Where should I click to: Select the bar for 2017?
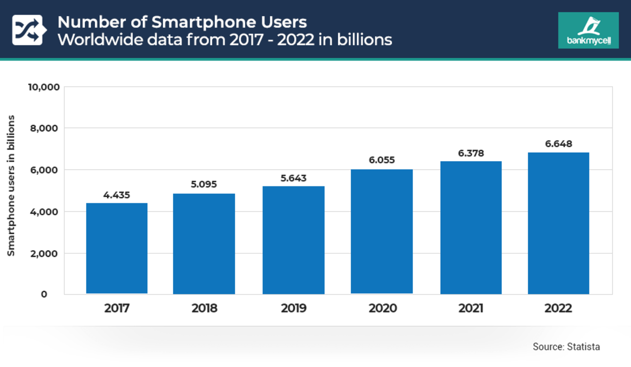[117, 248]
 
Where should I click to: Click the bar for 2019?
[293, 240]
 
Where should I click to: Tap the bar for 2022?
[558, 223]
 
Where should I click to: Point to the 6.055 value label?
[382, 160]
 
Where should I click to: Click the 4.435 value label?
[117, 195]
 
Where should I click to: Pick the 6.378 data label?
[471, 153]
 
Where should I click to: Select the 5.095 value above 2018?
[204, 185]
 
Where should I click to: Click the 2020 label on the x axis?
[382, 309]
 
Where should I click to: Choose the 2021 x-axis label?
[471, 309]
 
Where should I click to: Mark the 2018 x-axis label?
[204, 309]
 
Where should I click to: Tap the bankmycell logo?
[588, 31]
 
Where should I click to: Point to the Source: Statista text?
[566, 346]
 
